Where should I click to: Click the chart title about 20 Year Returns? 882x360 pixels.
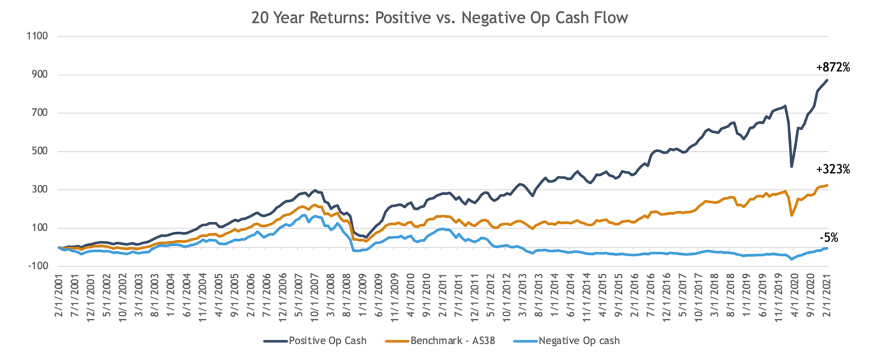439,18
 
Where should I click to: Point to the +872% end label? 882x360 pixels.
833,68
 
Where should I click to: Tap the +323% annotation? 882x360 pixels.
833,169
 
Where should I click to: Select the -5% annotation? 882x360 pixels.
829,238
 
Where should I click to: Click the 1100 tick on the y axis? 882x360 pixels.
37,36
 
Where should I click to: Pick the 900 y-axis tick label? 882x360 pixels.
39,74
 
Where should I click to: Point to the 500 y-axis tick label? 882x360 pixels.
39,151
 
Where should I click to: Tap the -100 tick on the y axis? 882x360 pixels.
38,266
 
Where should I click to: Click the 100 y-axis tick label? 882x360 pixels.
39,227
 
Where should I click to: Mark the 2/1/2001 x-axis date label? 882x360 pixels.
59,296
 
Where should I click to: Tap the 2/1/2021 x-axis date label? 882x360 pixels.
828,296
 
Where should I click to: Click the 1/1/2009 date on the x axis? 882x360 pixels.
363,296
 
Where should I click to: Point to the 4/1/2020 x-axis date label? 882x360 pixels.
796,296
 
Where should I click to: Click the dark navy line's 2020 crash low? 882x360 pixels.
792,167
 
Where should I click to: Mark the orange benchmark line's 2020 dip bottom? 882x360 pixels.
792,215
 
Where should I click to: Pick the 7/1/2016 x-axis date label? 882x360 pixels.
651,296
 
